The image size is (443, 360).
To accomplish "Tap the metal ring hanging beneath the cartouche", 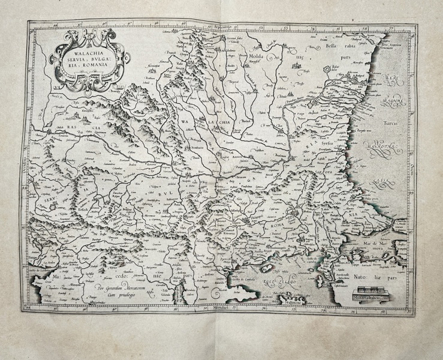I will (x=85, y=89).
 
